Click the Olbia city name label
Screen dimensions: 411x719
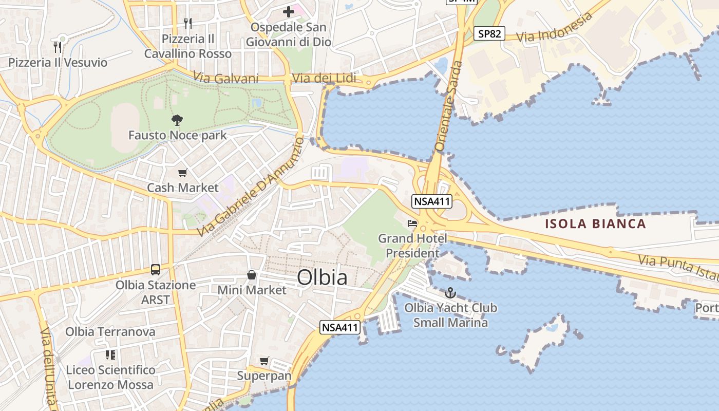pyautogui.click(x=322, y=277)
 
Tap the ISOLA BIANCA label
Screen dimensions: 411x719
pyautogui.click(x=595, y=223)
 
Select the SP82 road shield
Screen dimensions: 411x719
pyautogui.click(x=490, y=34)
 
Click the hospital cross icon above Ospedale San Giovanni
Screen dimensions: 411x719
pyautogui.click(x=289, y=11)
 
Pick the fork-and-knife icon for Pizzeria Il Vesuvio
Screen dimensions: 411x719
pyautogui.click(x=58, y=47)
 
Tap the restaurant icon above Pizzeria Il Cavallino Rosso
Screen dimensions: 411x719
pyautogui.click(x=188, y=23)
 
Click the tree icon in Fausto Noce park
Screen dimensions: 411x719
pyautogui.click(x=177, y=121)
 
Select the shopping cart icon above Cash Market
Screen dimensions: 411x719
pyautogui.click(x=182, y=173)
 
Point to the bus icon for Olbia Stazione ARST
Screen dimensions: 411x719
pyautogui.click(x=156, y=270)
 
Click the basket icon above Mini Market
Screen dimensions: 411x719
pyautogui.click(x=252, y=275)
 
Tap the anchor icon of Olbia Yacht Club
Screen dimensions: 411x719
pyautogui.click(x=450, y=293)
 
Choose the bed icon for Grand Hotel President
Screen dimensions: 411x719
pyautogui.click(x=412, y=223)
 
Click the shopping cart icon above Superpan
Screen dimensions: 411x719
pyautogui.click(x=264, y=361)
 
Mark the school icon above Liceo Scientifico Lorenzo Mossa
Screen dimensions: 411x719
pyautogui.click(x=110, y=354)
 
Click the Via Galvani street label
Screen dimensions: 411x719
pyautogui.click(x=226, y=78)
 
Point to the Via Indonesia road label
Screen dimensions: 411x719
pyautogui.click(x=554, y=28)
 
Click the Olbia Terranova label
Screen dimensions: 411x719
pyautogui.click(x=110, y=331)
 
